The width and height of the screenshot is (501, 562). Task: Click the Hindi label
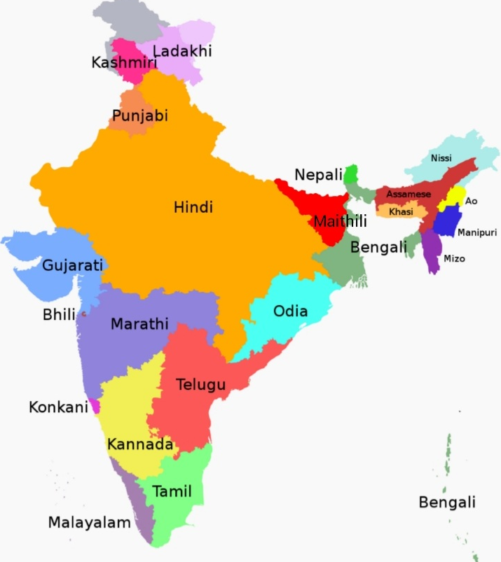click(193, 207)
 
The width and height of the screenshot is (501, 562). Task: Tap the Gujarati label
click(72, 265)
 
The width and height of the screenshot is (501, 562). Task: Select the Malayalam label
click(89, 522)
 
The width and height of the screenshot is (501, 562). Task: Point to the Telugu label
click(200, 384)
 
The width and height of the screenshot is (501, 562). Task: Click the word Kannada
click(140, 444)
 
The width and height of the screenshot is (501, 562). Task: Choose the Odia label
click(290, 311)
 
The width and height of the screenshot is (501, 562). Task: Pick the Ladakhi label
click(182, 51)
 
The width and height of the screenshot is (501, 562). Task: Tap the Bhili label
click(59, 315)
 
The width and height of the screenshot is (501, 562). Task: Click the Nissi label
click(441, 158)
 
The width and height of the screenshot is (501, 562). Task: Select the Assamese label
click(409, 194)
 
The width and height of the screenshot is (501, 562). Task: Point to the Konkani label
click(58, 407)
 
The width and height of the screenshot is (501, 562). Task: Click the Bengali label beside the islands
click(447, 502)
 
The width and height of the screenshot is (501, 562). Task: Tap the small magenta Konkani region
click(95, 406)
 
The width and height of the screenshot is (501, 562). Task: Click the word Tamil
click(172, 491)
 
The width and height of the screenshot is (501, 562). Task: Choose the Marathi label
click(139, 324)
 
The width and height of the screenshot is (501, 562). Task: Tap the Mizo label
click(454, 259)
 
